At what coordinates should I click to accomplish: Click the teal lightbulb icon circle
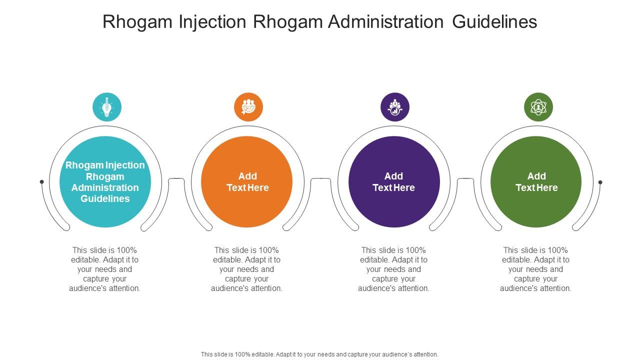[106, 107]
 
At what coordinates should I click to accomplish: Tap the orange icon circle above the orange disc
[248, 107]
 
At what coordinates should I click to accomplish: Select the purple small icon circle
[395, 107]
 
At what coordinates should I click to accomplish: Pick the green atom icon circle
[538, 107]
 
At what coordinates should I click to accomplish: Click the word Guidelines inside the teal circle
[105, 198]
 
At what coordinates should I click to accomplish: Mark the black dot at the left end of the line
[42, 182]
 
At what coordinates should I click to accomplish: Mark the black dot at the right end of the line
[600, 182]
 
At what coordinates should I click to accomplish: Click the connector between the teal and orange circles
[176, 179]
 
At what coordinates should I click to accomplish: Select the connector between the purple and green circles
[465, 179]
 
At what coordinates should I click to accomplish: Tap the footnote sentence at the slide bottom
[319, 354]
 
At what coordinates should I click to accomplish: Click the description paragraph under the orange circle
[247, 269]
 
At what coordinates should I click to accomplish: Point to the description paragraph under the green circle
[536, 269]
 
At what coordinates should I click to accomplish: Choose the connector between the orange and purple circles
[321, 179]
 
